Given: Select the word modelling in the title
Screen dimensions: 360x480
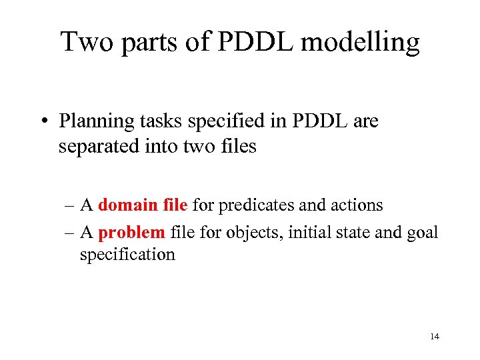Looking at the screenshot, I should (x=361, y=43).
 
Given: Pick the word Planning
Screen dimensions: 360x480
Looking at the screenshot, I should (x=90, y=123).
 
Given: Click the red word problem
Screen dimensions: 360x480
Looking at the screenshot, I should (x=132, y=232).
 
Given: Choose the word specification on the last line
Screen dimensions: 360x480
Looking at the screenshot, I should (x=127, y=255).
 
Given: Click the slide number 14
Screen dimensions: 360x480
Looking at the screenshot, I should (x=435, y=337).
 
